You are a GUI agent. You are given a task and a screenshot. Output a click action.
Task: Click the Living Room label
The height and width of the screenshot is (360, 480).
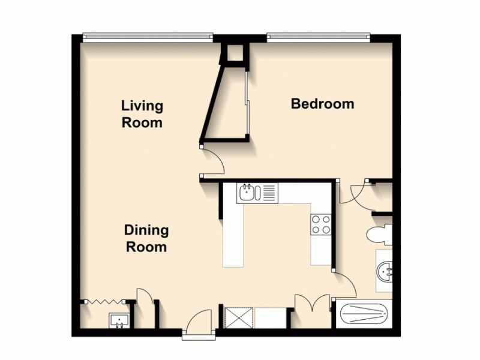tap(142, 114)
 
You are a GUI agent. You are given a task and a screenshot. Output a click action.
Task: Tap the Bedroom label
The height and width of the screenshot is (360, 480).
tap(322, 104)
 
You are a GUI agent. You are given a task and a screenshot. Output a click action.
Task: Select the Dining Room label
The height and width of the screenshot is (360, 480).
tap(146, 238)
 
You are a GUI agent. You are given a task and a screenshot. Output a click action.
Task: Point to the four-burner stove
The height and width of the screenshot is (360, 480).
tap(322, 224)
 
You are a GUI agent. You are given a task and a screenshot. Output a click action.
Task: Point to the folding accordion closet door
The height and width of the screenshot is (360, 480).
tap(106, 300)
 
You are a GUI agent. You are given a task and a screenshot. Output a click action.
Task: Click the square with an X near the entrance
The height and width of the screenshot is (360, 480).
tap(239, 317)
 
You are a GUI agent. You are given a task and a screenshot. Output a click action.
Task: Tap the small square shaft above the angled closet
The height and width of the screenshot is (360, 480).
tap(235, 54)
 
